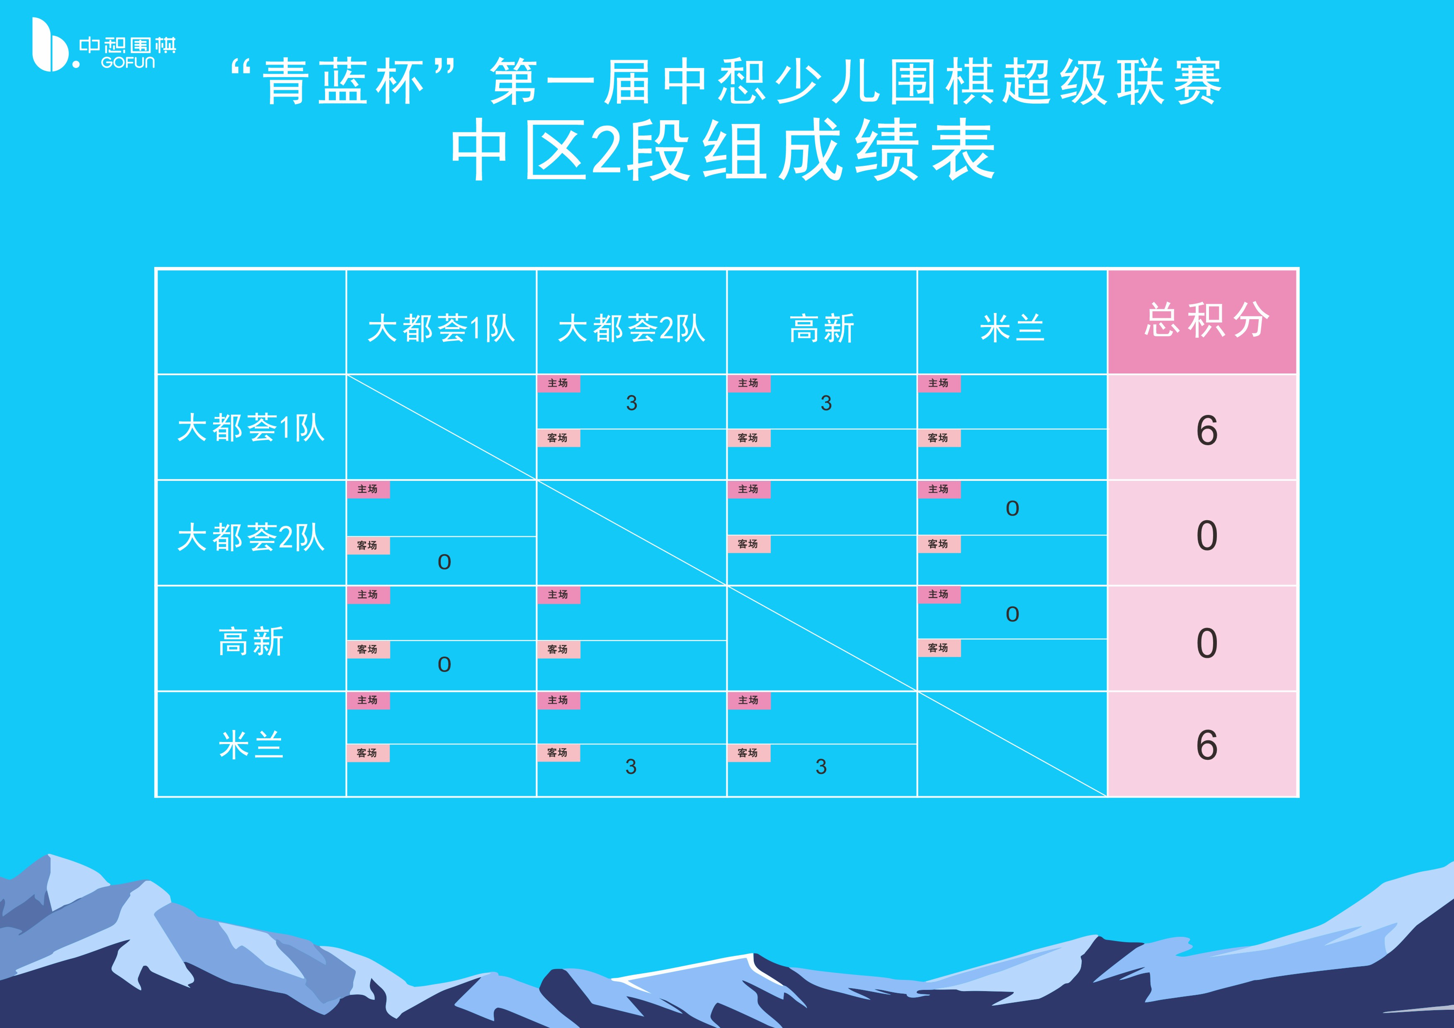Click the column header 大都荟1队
(x=442, y=329)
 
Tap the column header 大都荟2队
(x=631, y=329)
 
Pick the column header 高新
(x=822, y=329)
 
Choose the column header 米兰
(x=1012, y=329)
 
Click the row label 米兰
(x=251, y=745)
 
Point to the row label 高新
(x=251, y=641)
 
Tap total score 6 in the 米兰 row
(x=1206, y=745)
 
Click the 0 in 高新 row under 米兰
(x=1012, y=614)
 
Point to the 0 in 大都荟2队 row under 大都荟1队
(x=444, y=562)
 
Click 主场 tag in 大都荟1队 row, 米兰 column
(x=939, y=383)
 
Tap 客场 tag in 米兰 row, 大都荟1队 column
(x=367, y=753)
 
